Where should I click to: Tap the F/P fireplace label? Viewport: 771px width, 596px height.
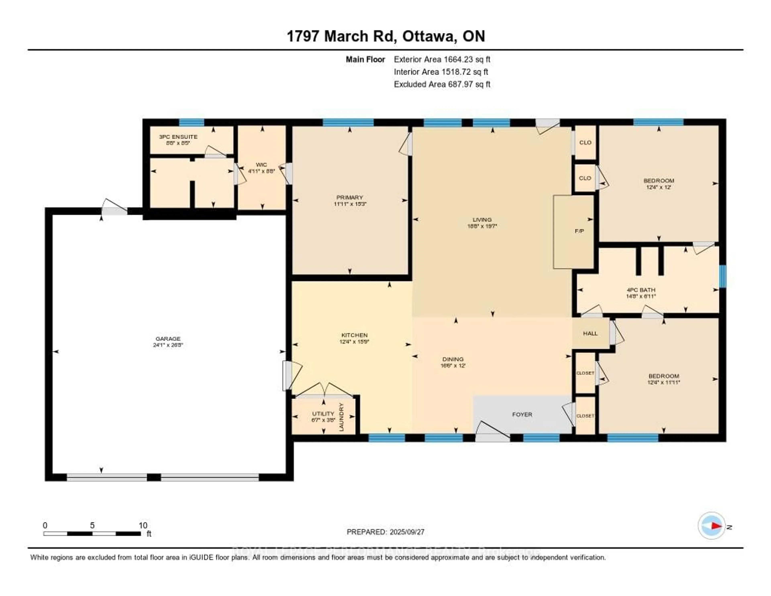[579, 231]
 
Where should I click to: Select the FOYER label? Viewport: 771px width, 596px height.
[522, 414]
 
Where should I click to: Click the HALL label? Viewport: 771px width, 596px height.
[590, 333]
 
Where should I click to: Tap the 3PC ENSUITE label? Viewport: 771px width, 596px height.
[178, 137]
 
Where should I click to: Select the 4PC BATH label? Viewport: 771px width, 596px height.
[641, 290]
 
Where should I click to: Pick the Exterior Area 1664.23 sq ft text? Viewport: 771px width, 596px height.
[442, 59]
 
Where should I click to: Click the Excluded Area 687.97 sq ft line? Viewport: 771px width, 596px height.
[442, 84]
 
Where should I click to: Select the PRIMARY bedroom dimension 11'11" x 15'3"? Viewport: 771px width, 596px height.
[350, 204]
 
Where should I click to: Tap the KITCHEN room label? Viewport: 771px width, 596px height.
[354, 335]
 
